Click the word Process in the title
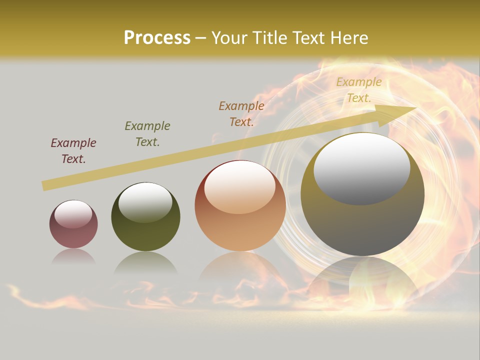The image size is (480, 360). tap(157, 38)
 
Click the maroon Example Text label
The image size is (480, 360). tap(73, 151)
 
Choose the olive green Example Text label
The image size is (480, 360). tap(147, 134)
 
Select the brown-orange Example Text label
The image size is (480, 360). tap(241, 113)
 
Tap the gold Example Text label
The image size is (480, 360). tap(359, 90)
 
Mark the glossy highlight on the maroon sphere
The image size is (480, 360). tap(73, 214)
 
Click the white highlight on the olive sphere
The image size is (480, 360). tap(145, 201)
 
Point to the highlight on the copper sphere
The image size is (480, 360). tap(240, 186)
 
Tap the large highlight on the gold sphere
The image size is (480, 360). tap(362, 168)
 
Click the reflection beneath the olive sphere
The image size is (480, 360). tap(145, 262)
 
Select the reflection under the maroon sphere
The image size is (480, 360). tap(73, 256)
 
